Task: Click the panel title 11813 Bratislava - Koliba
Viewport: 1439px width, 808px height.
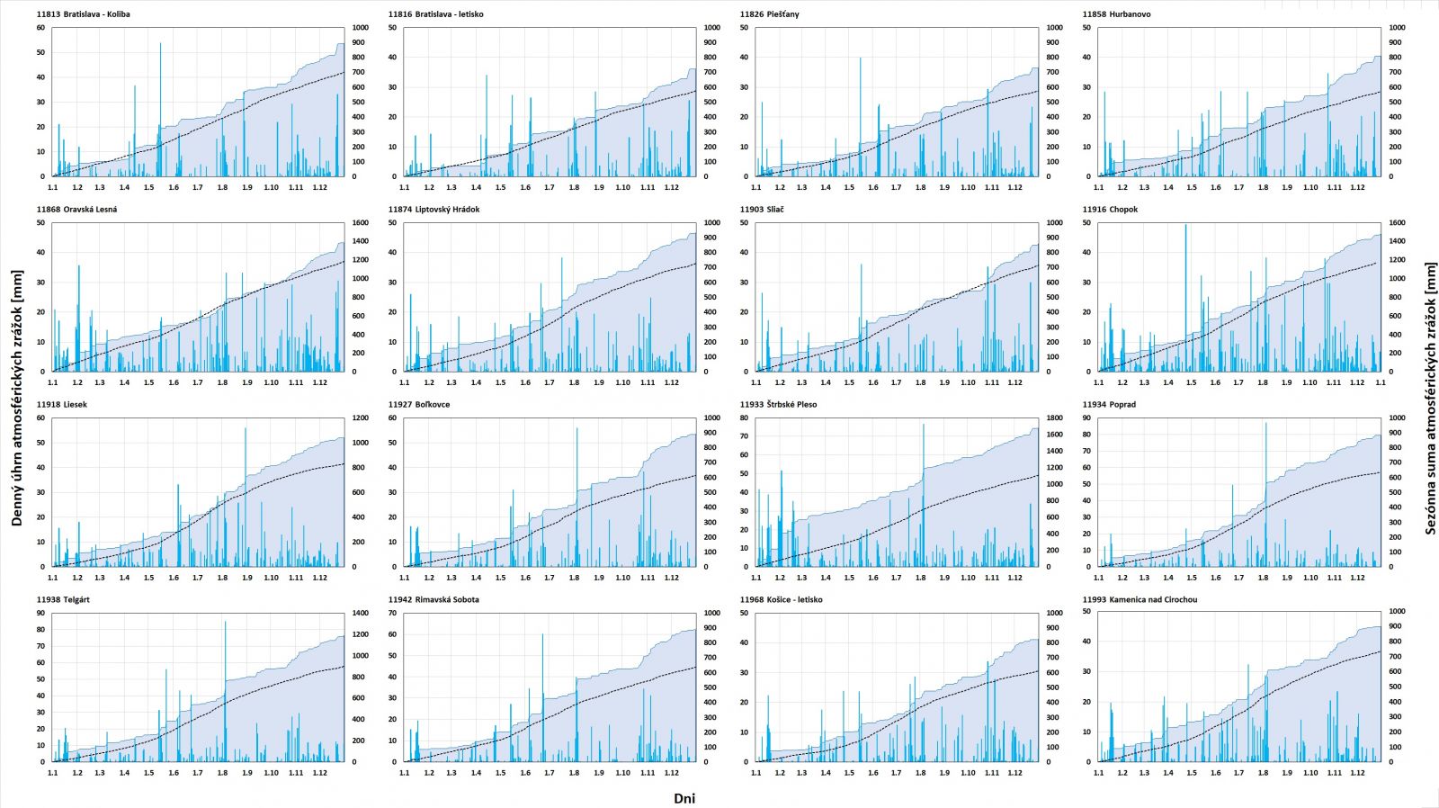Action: tap(83, 14)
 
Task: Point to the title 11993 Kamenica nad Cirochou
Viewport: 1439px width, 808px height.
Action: tap(1140, 599)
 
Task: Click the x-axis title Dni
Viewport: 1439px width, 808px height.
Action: tap(684, 798)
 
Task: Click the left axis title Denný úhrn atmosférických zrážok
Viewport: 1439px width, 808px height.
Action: tap(17, 398)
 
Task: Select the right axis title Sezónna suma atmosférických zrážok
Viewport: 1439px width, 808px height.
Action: tap(1430, 398)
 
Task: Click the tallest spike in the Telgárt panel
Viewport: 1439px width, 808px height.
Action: tap(226, 623)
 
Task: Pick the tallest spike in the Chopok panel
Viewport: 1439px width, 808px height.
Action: tap(1185, 226)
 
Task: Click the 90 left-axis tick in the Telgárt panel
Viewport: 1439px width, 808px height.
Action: tap(40, 614)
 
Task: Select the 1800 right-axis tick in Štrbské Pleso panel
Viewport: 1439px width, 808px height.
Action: tap(1054, 418)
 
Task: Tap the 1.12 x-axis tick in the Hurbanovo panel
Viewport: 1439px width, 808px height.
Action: tap(1357, 187)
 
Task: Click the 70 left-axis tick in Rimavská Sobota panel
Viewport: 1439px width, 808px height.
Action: tap(392, 614)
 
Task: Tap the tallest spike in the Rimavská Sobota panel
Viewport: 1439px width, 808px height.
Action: tap(542, 636)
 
